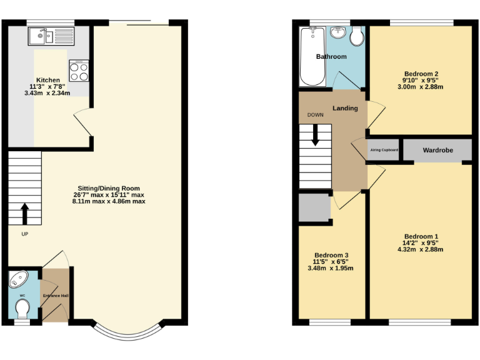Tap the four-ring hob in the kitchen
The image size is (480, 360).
(79, 71)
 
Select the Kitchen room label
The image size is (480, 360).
(48, 80)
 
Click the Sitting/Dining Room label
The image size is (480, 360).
(109, 188)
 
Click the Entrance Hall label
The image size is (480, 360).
(55, 296)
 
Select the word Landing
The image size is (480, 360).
(345, 108)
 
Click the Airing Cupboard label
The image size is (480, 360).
(384, 150)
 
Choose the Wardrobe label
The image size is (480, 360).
(437, 151)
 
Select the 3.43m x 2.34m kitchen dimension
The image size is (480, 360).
(48, 93)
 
